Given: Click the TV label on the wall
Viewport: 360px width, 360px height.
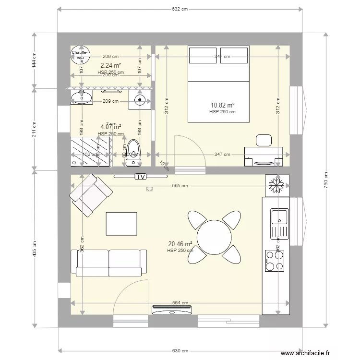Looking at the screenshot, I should coord(140,177).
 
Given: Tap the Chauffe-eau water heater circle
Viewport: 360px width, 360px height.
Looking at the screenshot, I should coord(80,56).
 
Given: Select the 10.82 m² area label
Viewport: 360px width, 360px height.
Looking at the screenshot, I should coord(222,105).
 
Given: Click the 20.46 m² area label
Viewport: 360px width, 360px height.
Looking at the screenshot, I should coord(180,244).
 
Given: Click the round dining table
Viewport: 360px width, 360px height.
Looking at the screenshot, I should coord(215,237).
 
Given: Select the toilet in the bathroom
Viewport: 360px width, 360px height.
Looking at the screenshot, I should coord(133,150).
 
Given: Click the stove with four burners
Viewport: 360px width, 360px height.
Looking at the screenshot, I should coord(276,262).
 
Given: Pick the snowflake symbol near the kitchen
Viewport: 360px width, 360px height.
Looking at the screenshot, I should coord(276,184).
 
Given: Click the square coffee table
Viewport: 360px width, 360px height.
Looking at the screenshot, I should coord(122,224).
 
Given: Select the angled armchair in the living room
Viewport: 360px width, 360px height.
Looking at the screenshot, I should coord(89,195).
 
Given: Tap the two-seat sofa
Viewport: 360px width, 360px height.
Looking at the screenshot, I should coord(109,263).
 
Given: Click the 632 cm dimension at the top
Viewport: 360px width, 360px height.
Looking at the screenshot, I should coord(180,9).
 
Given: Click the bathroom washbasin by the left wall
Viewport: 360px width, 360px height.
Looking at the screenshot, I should coord(81,98).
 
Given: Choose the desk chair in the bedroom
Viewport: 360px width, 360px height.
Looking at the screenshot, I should coord(264,140).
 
